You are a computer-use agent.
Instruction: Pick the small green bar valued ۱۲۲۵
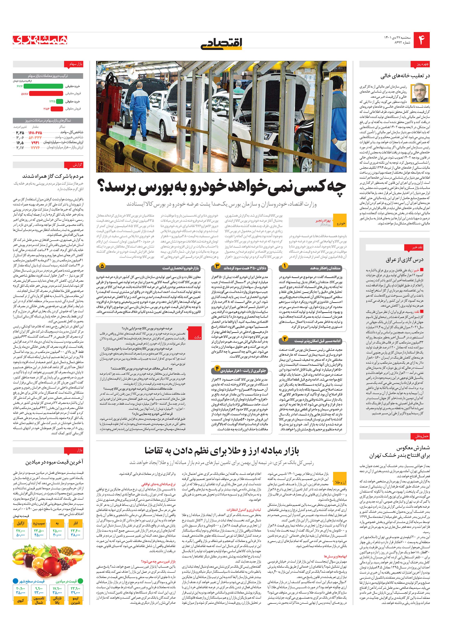click(x=59, y=101)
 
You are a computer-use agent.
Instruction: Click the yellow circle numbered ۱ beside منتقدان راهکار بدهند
click(x=285, y=266)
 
